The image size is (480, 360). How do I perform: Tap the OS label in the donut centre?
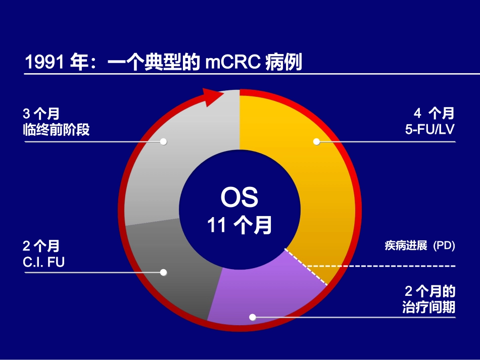pos(239,198)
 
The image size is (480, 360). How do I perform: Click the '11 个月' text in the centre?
pos(239,226)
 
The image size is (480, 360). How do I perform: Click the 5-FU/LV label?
pos(430,129)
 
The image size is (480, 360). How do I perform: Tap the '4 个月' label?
pos(434,113)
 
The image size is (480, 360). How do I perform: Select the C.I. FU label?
pos(43,262)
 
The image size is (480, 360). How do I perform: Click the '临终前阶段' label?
pos(56,129)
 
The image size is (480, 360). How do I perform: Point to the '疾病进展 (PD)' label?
pos(420,246)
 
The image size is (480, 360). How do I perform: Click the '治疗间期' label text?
pos(428,307)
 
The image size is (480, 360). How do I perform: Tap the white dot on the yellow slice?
pos(317,142)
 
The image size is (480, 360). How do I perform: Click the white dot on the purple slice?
pos(253,317)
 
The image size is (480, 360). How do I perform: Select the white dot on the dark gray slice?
pos(163,272)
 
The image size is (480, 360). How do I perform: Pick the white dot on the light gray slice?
pos(163,142)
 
